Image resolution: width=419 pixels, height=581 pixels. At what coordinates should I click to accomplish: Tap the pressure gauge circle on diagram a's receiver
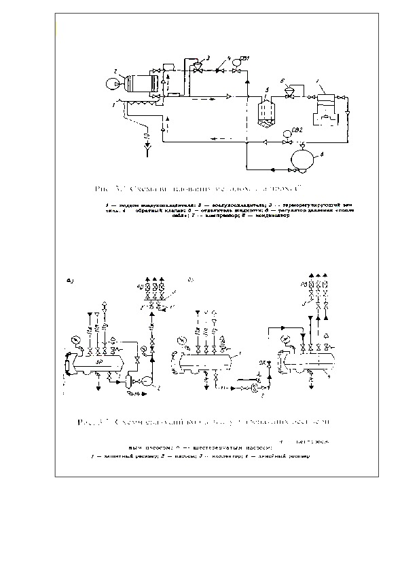point(73,339)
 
